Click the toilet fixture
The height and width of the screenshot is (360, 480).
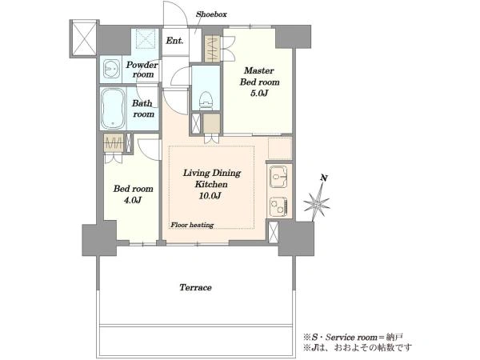click(x=206, y=99)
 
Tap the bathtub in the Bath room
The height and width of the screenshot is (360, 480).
click(x=113, y=109)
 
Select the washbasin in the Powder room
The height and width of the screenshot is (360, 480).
click(x=111, y=69)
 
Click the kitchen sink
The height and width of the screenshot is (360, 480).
click(x=278, y=178)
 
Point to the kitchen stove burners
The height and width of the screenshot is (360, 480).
click(x=278, y=206)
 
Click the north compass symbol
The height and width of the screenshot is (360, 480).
click(x=317, y=203)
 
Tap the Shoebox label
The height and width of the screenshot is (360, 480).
click(x=211, y=14)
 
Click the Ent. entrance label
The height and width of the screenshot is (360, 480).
click(x=174, y=41)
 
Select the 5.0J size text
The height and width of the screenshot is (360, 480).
click(x=259, y=93)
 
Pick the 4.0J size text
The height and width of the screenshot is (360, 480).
click(x=133, y=200)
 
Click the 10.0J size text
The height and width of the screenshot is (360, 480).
click(x=210, y=196)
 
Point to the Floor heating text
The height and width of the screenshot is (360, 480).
click(x=192, y=225)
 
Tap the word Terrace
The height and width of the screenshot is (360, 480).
click(x=195, y=287)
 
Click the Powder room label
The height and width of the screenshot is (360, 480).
click(x=142, y=70)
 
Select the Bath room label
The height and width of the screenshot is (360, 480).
click(x=143, y=109)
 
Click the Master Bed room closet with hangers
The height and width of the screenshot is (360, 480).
click(x=212, y=50)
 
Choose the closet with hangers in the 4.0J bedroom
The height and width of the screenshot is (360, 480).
click(x=114, y=142)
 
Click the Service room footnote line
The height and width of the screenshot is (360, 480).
click(x=353, y=338)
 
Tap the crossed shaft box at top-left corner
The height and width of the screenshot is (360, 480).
click(x=84, y=38)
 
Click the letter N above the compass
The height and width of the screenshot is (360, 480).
click(x=324, y=178)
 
